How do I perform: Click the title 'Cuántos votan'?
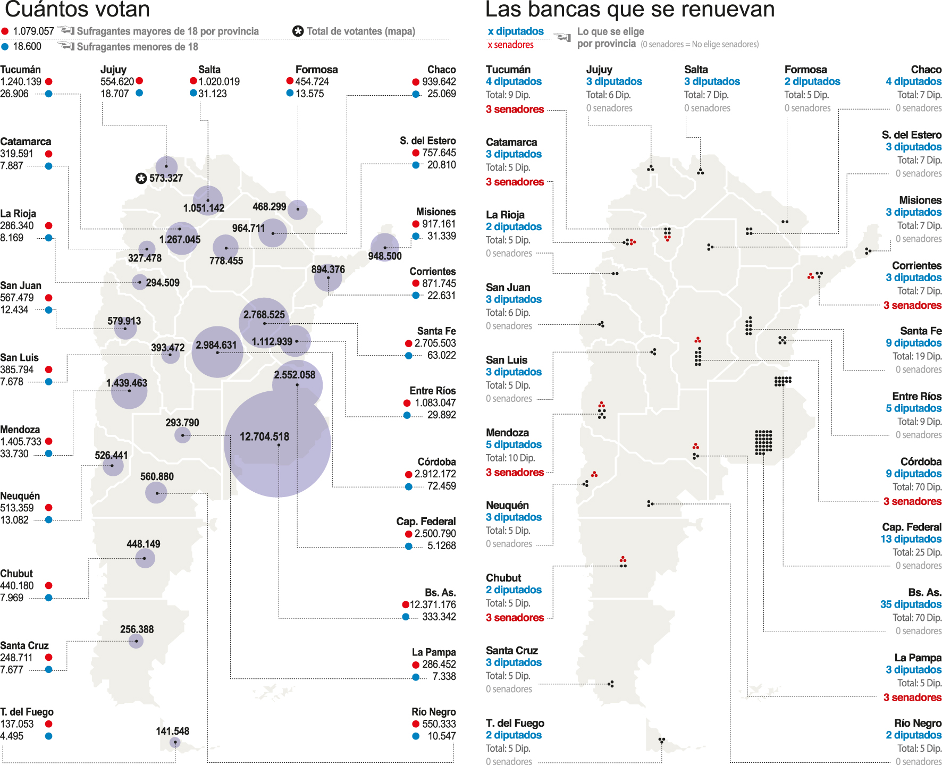coord(77,10)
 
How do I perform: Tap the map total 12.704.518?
coord(264,437)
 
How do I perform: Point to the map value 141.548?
coord(172,732)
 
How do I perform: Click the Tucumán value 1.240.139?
coord(21,82)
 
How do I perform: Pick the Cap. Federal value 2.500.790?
coord(435,534)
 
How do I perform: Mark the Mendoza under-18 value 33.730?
coord(14,454)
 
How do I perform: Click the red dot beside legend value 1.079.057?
coord(5,31)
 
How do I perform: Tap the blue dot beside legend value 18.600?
coord(5,47)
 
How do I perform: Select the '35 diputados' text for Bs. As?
coord(911,604)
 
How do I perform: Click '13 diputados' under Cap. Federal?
coord(911,539)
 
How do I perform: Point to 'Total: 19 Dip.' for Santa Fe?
coord(917,356)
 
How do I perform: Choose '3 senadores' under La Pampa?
coord(912,697)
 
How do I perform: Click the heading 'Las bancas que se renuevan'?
coord(630,10)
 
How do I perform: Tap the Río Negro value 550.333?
coord(439,724)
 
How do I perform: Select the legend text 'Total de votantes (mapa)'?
coord(360,31)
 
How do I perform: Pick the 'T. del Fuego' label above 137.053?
coord(27,712)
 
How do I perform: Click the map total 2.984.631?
coord(216,345)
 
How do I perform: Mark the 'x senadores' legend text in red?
coord(510,45)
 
